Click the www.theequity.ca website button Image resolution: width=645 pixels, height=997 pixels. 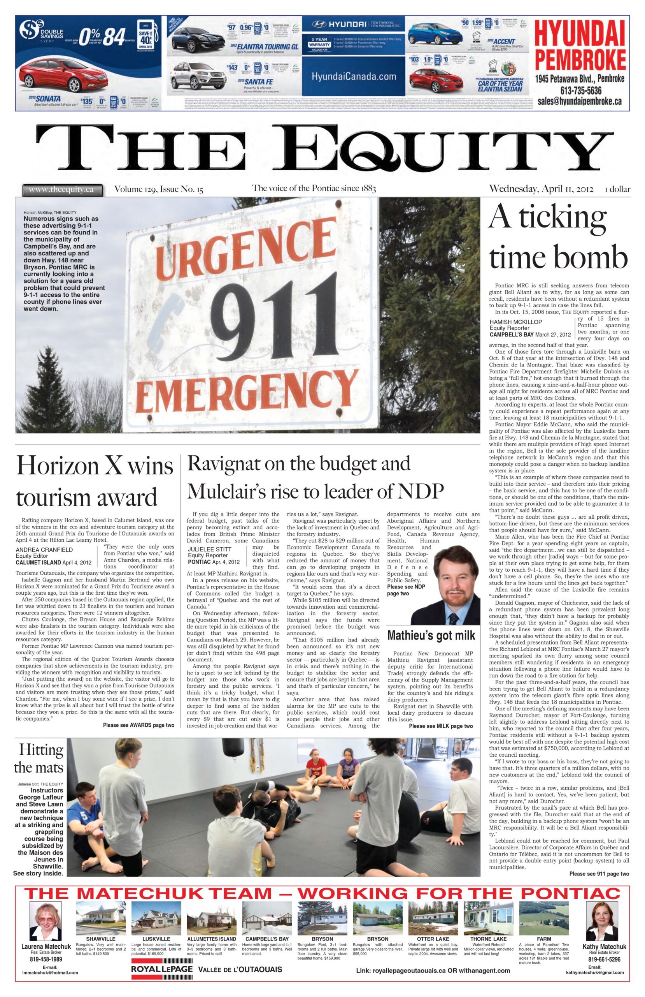61,189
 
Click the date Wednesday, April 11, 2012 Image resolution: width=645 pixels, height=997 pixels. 541,188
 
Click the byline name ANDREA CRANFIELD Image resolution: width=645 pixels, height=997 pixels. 44,549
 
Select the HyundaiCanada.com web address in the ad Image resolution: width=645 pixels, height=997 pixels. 354,77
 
